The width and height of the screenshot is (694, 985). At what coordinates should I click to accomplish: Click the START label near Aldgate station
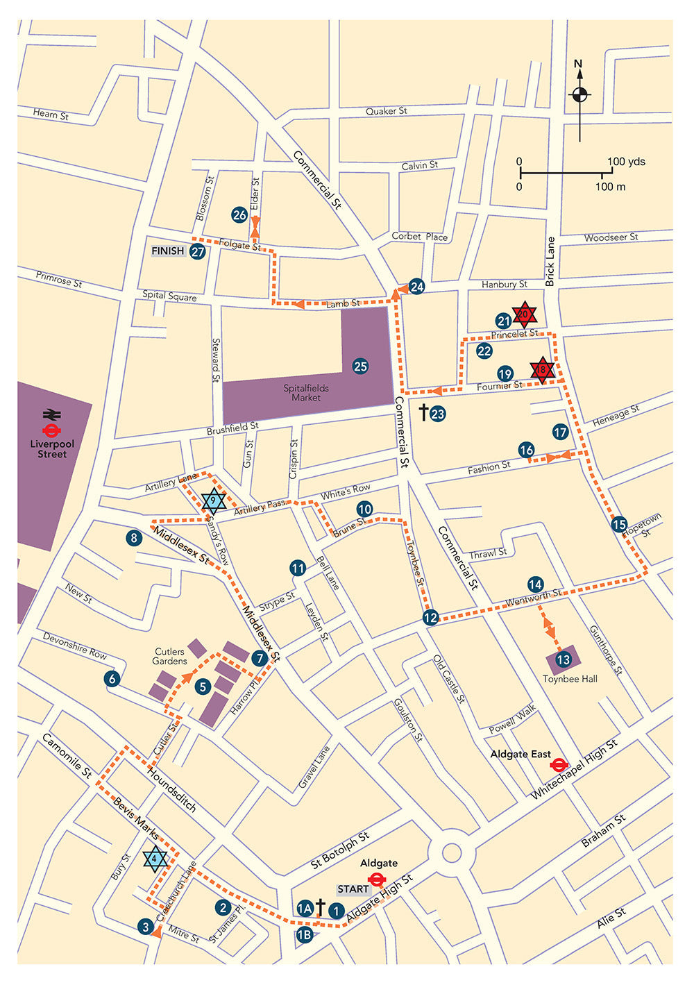click(353, 889)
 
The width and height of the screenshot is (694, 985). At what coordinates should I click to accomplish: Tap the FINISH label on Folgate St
click(168, 251)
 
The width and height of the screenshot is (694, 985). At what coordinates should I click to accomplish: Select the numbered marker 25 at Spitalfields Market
click(360, 367)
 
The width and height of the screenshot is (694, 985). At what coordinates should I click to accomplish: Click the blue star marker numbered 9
click(213, 500)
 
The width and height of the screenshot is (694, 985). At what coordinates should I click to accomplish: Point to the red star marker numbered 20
click(525, 314)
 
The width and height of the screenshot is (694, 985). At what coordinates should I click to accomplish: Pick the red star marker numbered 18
click(542, 370)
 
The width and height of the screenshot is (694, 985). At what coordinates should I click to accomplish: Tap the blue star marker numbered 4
click(155, 859)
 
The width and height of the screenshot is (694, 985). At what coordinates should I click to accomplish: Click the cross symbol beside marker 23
click(423, 413)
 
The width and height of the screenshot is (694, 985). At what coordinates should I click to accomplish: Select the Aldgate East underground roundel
click(557, 765)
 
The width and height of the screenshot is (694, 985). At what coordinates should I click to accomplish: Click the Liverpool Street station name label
click(53, 449)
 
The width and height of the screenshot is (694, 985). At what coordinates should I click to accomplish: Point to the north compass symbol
click(579, 94)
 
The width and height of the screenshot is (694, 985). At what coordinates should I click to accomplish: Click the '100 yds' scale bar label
click(626, 162)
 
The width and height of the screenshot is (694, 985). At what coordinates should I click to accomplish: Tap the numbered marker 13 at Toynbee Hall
click(564, 659)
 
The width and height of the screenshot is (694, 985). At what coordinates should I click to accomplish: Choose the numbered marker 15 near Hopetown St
click(619, 525)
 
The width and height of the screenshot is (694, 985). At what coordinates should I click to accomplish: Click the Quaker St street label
click(386, 111)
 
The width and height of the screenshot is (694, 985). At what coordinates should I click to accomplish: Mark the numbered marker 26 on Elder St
click(239, 215)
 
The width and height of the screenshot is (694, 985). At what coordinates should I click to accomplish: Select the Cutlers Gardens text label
click(169, 656)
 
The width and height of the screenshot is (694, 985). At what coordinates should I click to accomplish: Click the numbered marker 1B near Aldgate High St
click(304, 934)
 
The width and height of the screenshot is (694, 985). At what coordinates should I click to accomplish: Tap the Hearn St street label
click(51, 115)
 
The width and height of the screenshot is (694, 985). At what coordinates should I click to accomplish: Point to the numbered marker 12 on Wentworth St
click(431, 617)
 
